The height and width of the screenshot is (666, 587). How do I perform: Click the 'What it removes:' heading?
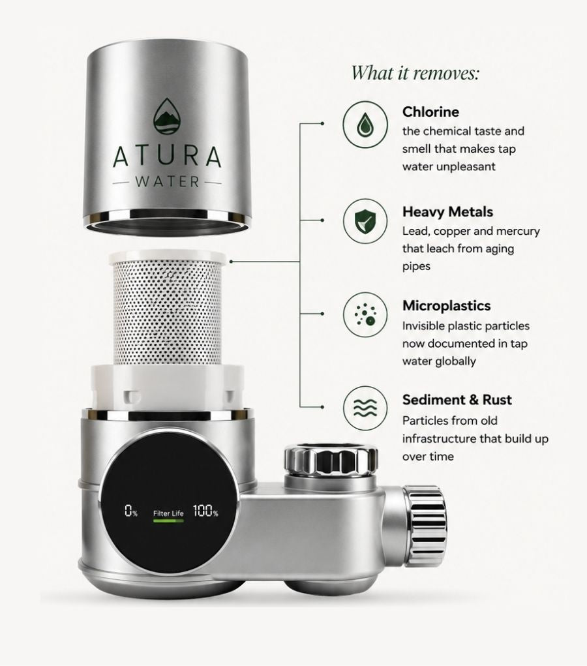(x=415, y=72)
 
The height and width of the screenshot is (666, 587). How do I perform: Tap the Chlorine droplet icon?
(x=365, y=125)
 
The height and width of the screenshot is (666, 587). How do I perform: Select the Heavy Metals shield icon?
(x=365, y=221)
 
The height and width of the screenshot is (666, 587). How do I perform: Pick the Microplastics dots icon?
(x=365, y=315)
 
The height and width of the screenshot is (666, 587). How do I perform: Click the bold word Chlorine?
(x=430, y=112)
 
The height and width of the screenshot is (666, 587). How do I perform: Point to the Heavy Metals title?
(x=447, y=211)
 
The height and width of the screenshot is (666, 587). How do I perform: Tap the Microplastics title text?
(x=446, y=306)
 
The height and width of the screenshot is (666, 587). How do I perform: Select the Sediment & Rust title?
(x=457, y=400)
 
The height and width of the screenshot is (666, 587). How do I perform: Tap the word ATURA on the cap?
(x=168, y=157)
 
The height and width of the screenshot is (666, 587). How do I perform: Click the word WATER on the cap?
(x=168, y=182)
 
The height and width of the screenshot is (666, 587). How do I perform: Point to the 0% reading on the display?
(x=131, y=511)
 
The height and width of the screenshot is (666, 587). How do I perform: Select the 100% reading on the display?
(x=205, y=511)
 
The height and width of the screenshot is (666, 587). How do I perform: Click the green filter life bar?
(x=169, y=521)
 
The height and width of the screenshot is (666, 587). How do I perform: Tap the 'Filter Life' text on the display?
(x=169, y=513)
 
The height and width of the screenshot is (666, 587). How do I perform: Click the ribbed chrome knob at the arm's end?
(x=425, y=526)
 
